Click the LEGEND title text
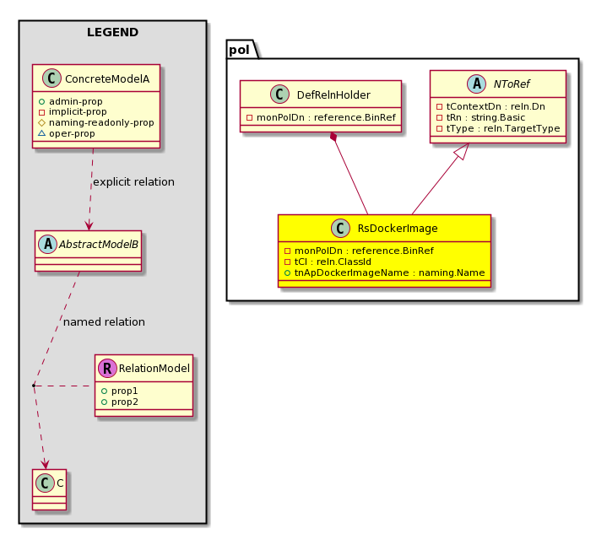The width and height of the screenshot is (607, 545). click(112, 32)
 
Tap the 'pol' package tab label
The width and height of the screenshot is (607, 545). click(239, 50)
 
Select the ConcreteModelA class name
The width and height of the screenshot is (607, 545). click(107, 79)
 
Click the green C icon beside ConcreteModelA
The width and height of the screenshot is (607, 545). click(51, 78)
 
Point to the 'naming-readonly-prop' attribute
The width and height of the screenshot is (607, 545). click(101, 122)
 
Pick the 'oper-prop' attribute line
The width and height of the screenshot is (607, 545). click(72, 134)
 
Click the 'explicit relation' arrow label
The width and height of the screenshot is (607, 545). click(133, 181)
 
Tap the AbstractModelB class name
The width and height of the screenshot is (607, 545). click(98, 245)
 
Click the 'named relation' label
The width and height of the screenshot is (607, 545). click(104, 321)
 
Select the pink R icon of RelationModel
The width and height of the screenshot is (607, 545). click(107, 368)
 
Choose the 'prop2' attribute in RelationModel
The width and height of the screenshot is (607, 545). click(125, 402)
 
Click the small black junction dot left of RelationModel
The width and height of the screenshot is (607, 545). click(34, 386)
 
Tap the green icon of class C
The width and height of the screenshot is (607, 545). click(45, 483)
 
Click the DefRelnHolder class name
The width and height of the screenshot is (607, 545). click(333, 94)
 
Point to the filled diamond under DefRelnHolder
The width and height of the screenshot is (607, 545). click(333, 137)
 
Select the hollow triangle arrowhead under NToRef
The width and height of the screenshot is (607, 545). click(463, 151)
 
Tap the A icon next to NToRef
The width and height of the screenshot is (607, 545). click(476, 84)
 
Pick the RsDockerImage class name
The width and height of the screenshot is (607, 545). click(398, 229)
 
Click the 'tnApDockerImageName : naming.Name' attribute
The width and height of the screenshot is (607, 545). click(389, 272)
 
